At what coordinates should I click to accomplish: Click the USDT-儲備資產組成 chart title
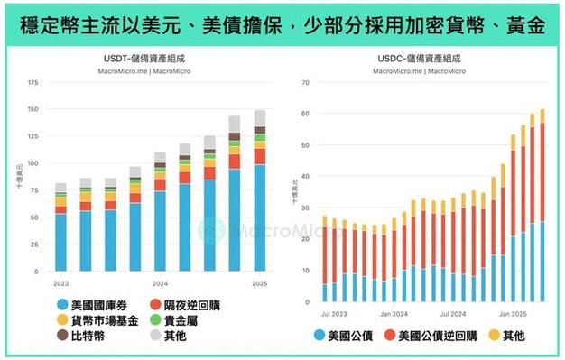(x=145, y=60)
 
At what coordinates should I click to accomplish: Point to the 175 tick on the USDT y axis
(x=33, y=83)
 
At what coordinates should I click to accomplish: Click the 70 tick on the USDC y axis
(x=305, y=83)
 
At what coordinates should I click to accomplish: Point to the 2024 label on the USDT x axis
(x=159, y=282)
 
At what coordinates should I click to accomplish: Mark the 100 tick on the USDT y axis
(x=33, y=163)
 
